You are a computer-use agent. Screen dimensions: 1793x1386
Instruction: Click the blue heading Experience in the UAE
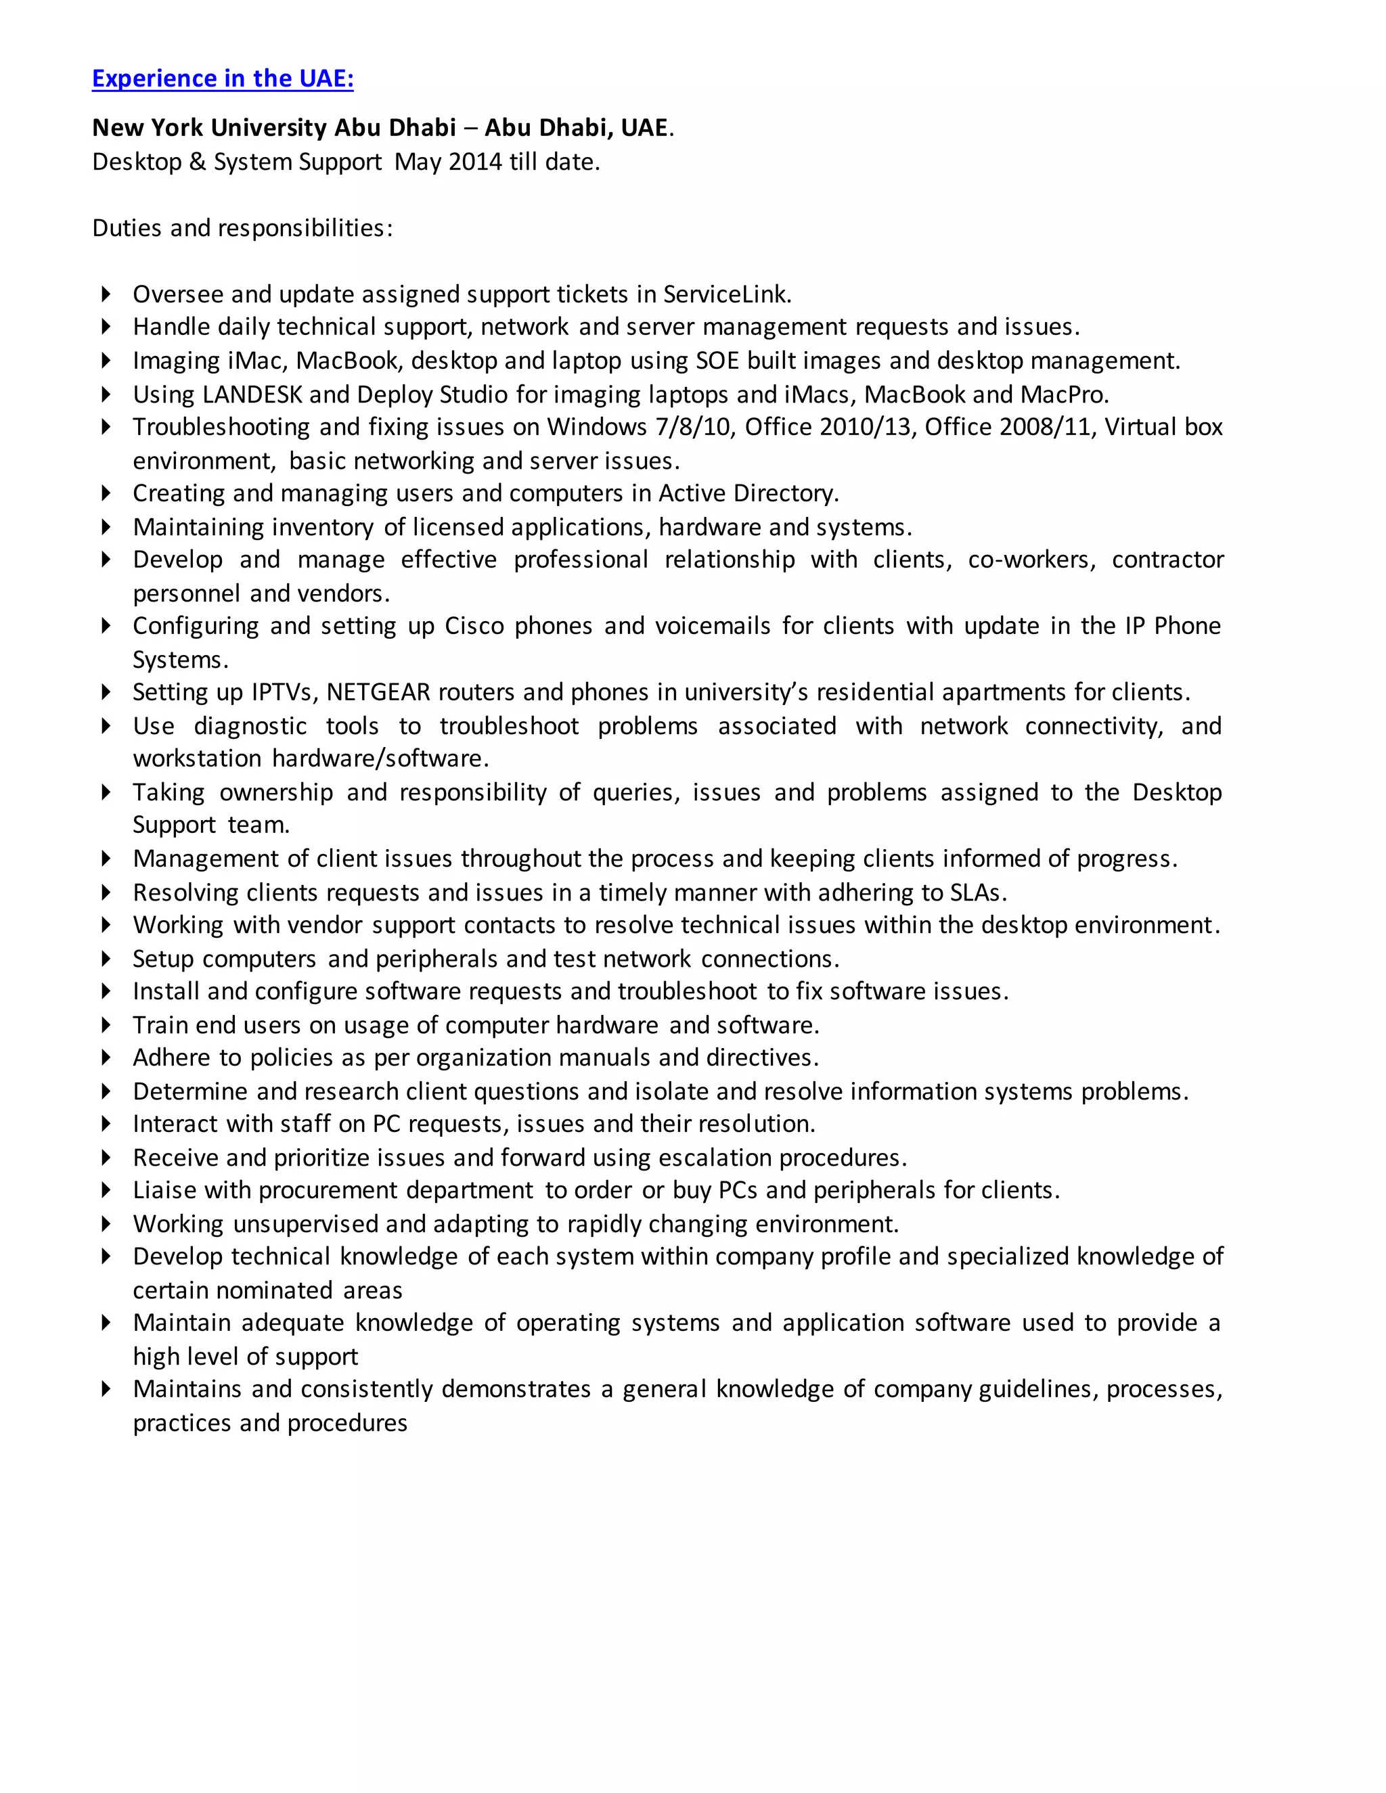click(223, 78)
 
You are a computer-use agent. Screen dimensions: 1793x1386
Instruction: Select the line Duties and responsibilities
click(242, 228)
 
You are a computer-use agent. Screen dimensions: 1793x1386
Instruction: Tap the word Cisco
click(474, 626)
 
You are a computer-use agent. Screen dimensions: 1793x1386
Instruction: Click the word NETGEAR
click(378, 692)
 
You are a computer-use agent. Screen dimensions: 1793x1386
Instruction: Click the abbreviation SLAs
click(977, 892)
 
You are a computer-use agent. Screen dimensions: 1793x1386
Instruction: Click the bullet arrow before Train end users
click(106, 1024)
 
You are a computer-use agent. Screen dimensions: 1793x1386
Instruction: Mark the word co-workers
click(1031, 560)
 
